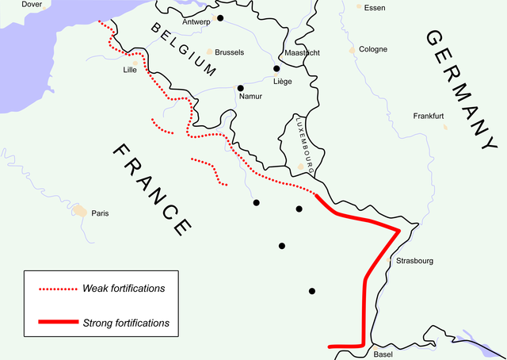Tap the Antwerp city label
(196, 21)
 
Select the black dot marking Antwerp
(220, 17)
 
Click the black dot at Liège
(276, 69)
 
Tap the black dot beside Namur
(239, 87)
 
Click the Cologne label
(373, 49)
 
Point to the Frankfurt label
(429, 116)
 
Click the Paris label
(100, 213)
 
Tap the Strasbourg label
(414, 260)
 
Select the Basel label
(384, 354)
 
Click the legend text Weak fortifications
(124, 288)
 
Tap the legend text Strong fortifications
(126, 323)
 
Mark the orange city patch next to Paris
(79, 211)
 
